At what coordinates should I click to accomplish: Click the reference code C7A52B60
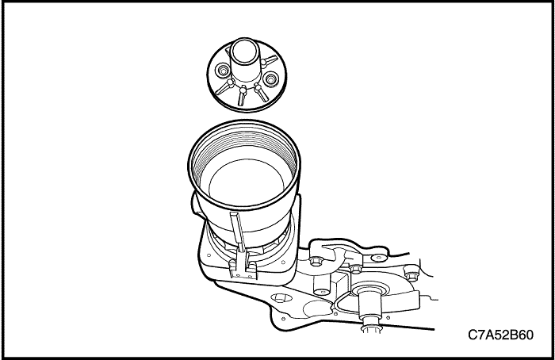[500, 335]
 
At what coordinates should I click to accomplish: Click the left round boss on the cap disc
[223, 71]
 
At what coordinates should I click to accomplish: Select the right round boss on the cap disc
[271, 79]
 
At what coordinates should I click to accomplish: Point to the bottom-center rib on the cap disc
[242, 96]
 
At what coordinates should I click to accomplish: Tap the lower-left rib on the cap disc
[224, 87]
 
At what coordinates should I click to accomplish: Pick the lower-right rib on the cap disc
[262, 93]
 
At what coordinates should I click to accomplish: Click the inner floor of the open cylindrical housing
[247, 181]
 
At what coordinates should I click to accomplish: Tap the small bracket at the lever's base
[243, 270]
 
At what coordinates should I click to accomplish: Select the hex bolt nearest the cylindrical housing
[315, 262]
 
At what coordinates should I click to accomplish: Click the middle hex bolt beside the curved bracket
[355, 269]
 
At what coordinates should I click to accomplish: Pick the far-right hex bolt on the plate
[411, 274]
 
